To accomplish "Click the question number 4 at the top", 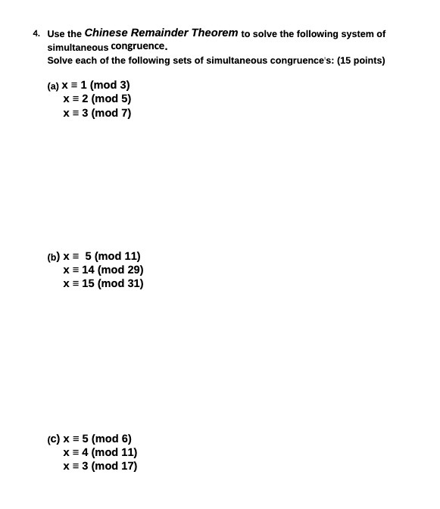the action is (36, 33).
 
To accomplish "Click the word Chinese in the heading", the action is (106, 33).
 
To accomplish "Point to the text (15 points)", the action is (361, 61).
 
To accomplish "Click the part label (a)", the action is (53, 86).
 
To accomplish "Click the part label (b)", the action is (53, 257).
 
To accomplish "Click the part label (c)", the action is (53, 439).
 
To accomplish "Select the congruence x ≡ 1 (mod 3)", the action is (96, 85).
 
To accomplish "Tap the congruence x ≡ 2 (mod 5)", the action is (97, 98).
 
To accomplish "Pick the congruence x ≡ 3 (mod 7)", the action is (97, 113).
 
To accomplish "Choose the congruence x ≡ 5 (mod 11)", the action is (101, 256).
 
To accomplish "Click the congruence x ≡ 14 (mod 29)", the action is (103, 270).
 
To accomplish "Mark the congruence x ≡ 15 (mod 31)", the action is (103, 283).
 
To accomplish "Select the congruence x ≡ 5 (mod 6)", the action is (97, 439).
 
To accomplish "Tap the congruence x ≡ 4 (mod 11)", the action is (100, 452).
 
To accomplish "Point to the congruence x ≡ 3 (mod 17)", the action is (100, 466).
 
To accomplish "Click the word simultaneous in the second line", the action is (77, 47).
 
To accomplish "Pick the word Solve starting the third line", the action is (60, 61).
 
